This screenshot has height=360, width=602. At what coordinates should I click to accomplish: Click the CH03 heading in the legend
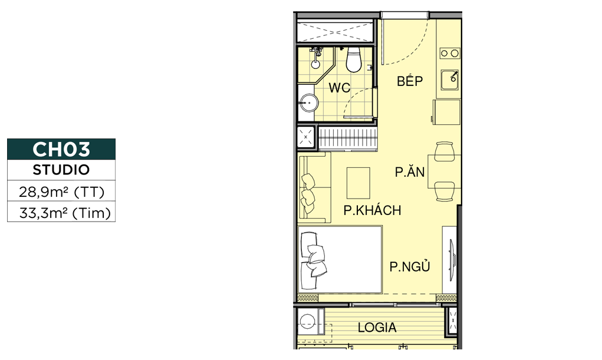coord(61,149)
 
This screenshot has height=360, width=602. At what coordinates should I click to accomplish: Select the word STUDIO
coord(61,170)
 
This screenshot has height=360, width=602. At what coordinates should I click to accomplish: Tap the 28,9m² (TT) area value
coord(61,191)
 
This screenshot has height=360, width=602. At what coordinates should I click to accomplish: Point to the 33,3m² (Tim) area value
coord(65,213)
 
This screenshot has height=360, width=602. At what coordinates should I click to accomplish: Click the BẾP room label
coord(410,81)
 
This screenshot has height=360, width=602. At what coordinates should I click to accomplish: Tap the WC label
coord(340,88)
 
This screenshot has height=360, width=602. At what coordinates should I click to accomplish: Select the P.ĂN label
coord(410,171)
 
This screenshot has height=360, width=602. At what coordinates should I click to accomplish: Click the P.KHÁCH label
coord(372,210)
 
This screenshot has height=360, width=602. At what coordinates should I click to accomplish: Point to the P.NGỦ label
coord(410,266)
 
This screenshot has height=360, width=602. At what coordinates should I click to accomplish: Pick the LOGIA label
coord(377,328)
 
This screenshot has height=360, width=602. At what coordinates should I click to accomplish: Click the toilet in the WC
coord(354,60)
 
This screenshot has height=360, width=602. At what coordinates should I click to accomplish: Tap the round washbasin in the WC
coord(309,103)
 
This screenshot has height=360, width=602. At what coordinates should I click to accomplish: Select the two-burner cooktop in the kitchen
coord(450,54)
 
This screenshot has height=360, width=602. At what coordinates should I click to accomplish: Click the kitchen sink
coord(450,80)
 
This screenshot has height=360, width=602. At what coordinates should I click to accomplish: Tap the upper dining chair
coord(445,151)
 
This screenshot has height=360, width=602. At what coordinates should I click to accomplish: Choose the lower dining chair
coord(445,191)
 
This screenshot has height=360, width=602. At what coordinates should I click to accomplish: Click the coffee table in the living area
coord(358,183)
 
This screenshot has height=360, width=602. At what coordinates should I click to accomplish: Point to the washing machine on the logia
coord(308,321)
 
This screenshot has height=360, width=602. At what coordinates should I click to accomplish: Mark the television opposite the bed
coord(452,259)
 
